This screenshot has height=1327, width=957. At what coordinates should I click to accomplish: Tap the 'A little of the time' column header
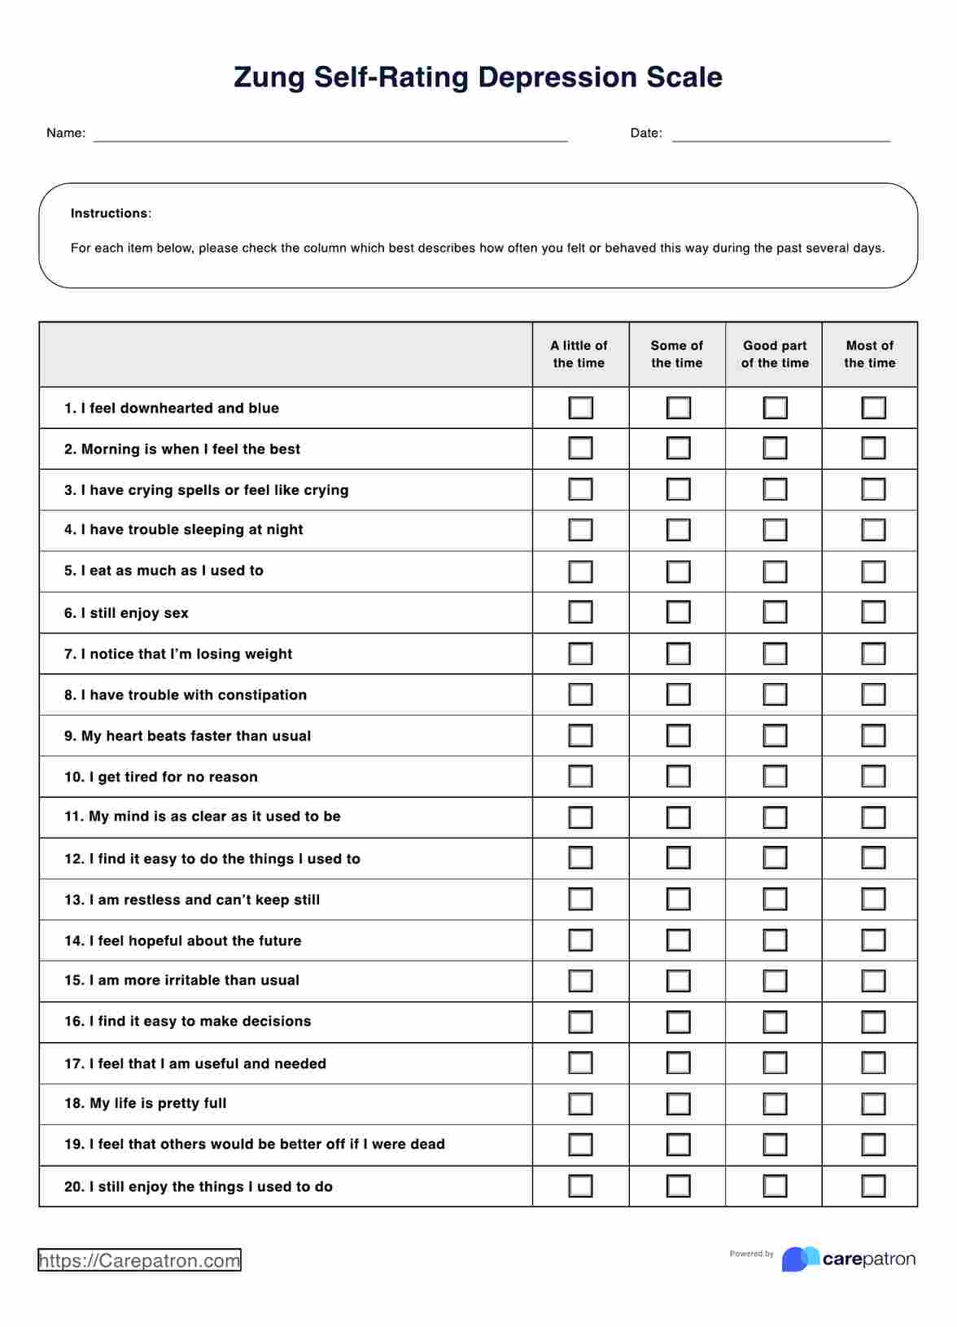pyautogui.click(x=579, y=354)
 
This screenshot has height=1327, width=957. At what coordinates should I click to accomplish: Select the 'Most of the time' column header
pyautogui.click(x=869, y=354)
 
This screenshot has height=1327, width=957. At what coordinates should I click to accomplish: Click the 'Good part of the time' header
pyautogui.click(x=775, y=354)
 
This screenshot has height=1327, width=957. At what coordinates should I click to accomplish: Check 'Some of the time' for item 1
pyautogui.click(x=678, y=408)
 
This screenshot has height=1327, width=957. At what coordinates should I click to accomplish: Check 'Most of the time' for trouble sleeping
pyautogui.click(x=873, y=530)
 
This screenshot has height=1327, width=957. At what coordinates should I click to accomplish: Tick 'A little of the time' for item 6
pyautogui.click(x=580, y=612)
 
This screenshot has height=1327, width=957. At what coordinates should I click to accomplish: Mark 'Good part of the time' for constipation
pyautogui.click(x=775, y=694)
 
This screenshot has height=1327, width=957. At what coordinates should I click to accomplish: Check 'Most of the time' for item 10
pyautogui.click(x=873, y=777)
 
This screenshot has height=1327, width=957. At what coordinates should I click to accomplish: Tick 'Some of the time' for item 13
pyautogui.click(x=678, y=900)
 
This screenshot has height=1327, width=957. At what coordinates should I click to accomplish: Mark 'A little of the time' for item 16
pyautogui.click(x=580, y=1022)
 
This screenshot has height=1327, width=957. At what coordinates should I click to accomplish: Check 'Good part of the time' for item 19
pyautogui.click(x=775, y=1145)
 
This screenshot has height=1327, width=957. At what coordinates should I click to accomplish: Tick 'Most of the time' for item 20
pyautogui.click(x=873, y=1186)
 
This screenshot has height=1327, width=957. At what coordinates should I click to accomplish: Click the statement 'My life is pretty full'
pyautogui.click(x=158, y=1104)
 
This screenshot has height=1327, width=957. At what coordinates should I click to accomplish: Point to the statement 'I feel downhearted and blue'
pyautogui.click(x=180, y=409)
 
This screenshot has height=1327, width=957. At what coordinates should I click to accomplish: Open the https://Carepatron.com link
pyautogui.click(x=140, y=1261)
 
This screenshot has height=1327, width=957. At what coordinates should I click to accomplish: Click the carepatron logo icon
pyautogui.click(x=800, y=1259)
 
